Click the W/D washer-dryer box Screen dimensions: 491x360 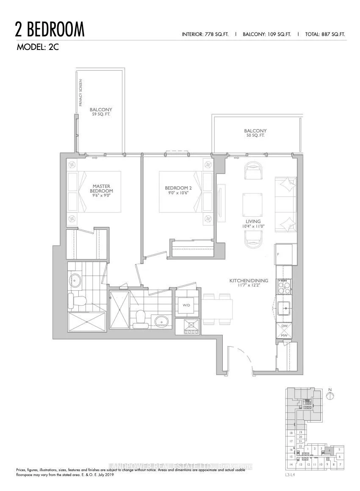tap(187, 305)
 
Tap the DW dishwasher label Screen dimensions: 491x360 tap(284, 326)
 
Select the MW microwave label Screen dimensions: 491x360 tap(284, 336)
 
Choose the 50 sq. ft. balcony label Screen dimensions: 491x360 tap(255, 133)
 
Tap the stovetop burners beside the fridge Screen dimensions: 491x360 tap(284, 287)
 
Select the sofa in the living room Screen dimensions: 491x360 tap(285, 205)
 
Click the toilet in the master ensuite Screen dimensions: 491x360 tap(77, 301)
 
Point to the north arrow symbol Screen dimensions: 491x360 tap(331, 395)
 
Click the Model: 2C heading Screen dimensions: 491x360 tap(37, 47)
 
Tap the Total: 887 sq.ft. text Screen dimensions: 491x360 tap(325, 34)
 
